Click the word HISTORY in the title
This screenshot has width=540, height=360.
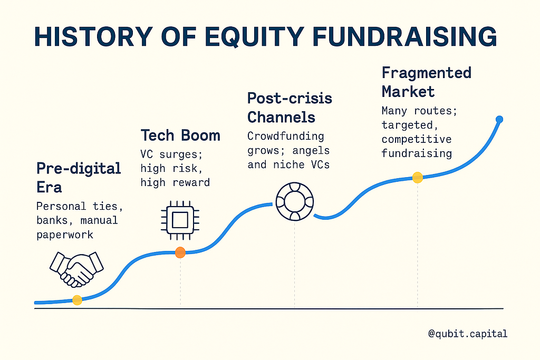[x=93, y=36]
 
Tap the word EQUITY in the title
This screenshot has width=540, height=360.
[x=255, y=36]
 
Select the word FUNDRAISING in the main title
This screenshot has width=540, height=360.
[x=404, y=36]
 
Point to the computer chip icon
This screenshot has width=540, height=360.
[x=180, y=220]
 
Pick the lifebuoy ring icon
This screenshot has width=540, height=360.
[x=294, y=201]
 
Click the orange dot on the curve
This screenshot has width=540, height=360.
[x=180, y=252]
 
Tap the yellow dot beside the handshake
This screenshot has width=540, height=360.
[x=77, y=300]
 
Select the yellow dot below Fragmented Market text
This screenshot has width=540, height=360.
[x=418, y=178]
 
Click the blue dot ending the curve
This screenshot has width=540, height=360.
[x=499, y=120]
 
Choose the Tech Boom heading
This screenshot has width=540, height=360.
[x=180, y=135]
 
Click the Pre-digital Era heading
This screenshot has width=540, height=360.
[x=79, y=178]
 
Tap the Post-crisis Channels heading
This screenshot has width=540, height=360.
[x=290, y=108]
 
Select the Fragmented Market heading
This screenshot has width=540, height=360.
[x=426, y=82]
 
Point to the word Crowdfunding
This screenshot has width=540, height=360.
[x=285, y=137]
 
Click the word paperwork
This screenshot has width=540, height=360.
[x=65, y=235]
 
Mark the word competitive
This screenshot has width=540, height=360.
[x=417, y=139]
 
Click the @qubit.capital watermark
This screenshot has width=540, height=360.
[x=468, y=334]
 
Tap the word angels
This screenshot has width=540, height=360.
[x=311, y=151]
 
